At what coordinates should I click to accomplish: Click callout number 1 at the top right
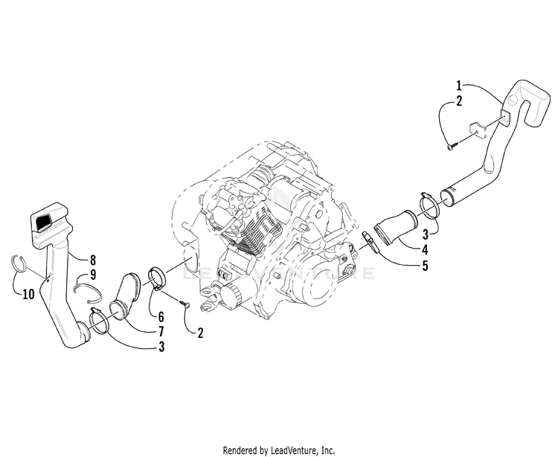pyautogui.click(x=459, y=84)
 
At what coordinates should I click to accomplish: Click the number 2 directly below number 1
pyautogui.click(x=459, y=99)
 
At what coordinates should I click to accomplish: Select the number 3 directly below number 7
pyautogui.click(x=161, y=346)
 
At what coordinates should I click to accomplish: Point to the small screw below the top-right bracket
pyautogui.click(x=451, y=147)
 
